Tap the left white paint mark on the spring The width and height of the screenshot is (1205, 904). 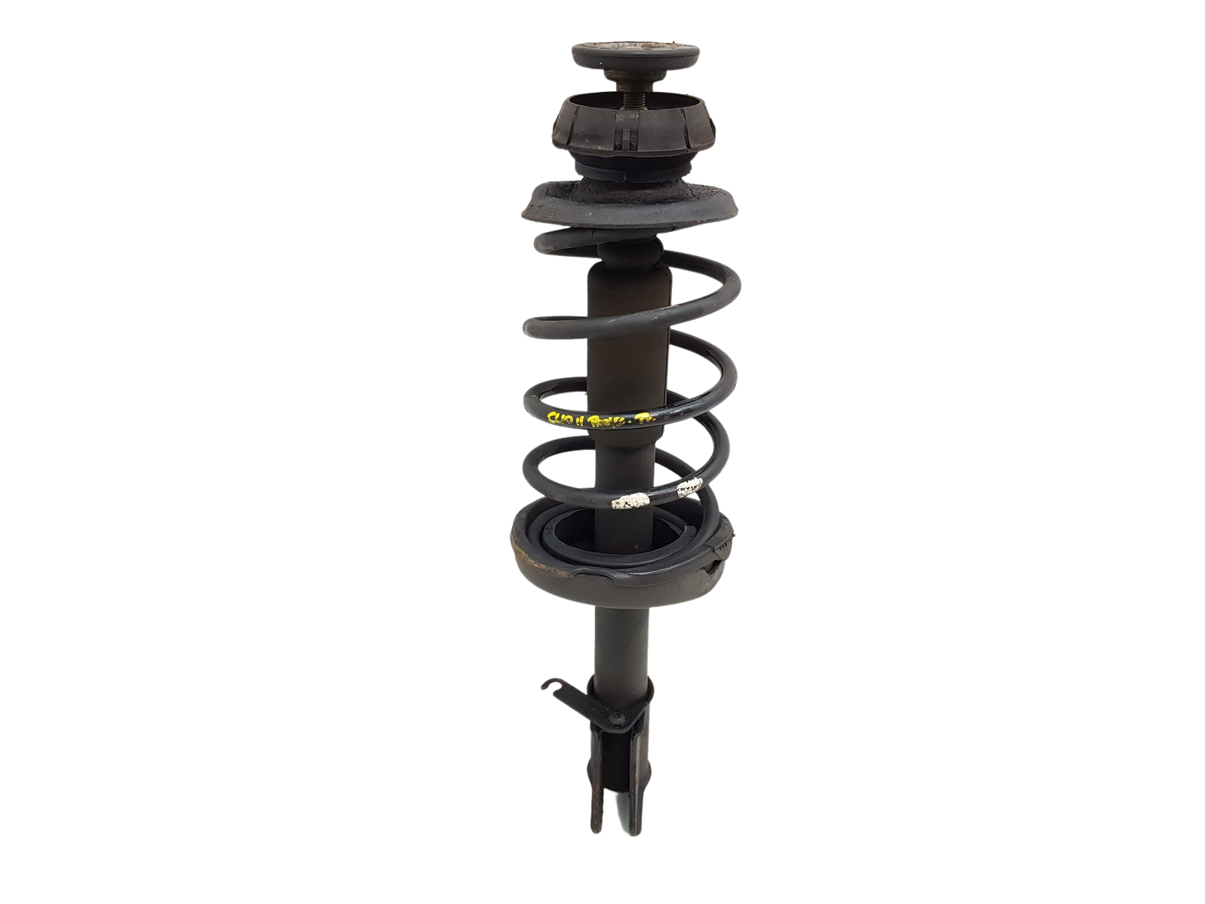[x=631, y=499]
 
